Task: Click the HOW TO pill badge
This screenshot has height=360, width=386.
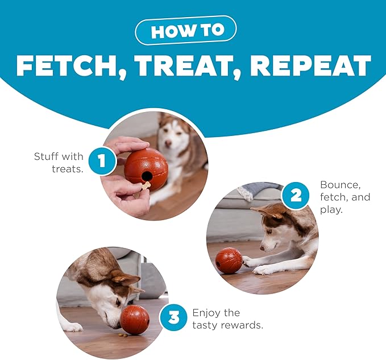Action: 186,30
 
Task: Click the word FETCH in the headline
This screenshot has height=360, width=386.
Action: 68,66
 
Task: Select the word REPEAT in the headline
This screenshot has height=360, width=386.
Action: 310,65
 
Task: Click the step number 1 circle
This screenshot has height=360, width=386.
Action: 102,161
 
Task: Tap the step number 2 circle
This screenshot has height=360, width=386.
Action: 296,196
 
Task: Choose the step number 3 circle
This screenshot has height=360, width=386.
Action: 173,317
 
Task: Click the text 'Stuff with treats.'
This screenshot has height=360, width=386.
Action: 59,163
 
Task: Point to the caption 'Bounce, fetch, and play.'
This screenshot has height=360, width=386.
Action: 345,197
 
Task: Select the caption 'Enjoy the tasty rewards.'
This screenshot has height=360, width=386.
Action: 228,319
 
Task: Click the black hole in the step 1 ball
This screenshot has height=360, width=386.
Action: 147,176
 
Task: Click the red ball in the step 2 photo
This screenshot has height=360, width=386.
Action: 229,260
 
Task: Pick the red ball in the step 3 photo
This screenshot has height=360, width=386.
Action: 135,320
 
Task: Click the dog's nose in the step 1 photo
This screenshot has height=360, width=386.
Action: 168,143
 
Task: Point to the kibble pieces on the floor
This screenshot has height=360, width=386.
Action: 123,335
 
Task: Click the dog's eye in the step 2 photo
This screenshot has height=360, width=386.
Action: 270,231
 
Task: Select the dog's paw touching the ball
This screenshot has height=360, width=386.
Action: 248,261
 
